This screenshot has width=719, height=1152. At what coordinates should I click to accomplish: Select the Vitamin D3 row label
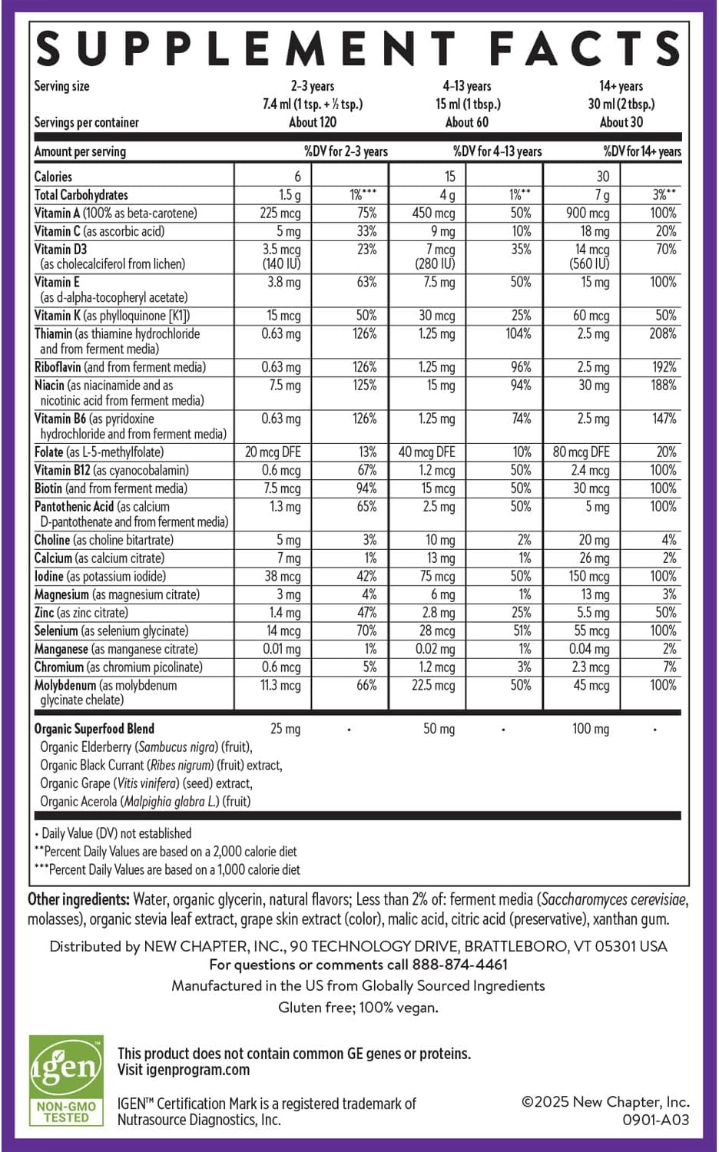61,250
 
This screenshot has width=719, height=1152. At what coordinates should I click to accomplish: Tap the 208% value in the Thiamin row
662,334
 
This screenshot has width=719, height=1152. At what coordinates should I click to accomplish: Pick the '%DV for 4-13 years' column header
497,151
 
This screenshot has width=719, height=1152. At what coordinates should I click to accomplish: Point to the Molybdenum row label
66,685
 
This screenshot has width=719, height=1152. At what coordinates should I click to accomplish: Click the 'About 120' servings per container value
313,122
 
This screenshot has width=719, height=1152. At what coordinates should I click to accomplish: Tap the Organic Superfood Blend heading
94,729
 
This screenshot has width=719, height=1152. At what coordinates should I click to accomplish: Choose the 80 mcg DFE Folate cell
581,452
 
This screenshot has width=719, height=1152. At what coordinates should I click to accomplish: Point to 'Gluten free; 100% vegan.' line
358,1008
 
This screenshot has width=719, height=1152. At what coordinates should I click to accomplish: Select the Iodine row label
49,577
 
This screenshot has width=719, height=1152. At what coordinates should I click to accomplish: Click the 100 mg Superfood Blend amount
590,729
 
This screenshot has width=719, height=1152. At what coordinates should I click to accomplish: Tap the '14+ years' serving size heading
621,86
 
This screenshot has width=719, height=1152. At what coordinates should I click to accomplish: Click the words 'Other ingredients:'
78,899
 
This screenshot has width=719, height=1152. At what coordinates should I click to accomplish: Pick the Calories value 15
449,177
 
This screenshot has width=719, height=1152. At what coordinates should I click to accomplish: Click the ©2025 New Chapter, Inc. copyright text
605,1102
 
